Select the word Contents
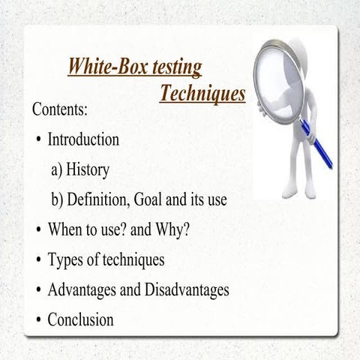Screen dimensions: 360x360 pos(59,109)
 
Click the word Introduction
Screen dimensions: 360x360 pos(83,139)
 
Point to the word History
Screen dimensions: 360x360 pos(88,170)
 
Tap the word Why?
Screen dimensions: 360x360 pos(171,230)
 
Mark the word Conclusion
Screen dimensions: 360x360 pos(80,320)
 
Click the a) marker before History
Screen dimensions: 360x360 pos(57,170)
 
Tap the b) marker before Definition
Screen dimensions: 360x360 pos(57,200)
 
